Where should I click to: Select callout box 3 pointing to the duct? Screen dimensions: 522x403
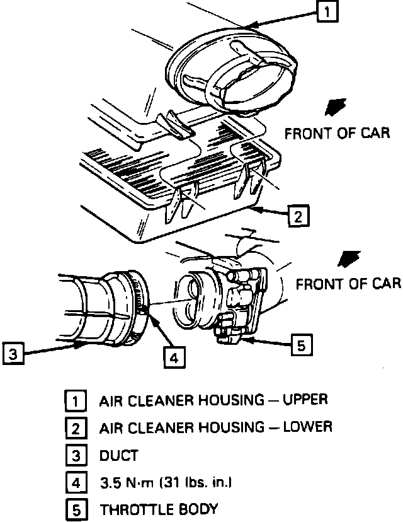13,354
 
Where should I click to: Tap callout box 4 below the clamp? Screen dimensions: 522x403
174,357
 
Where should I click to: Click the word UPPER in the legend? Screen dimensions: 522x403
305,400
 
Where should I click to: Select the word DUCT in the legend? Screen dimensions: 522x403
118,455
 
